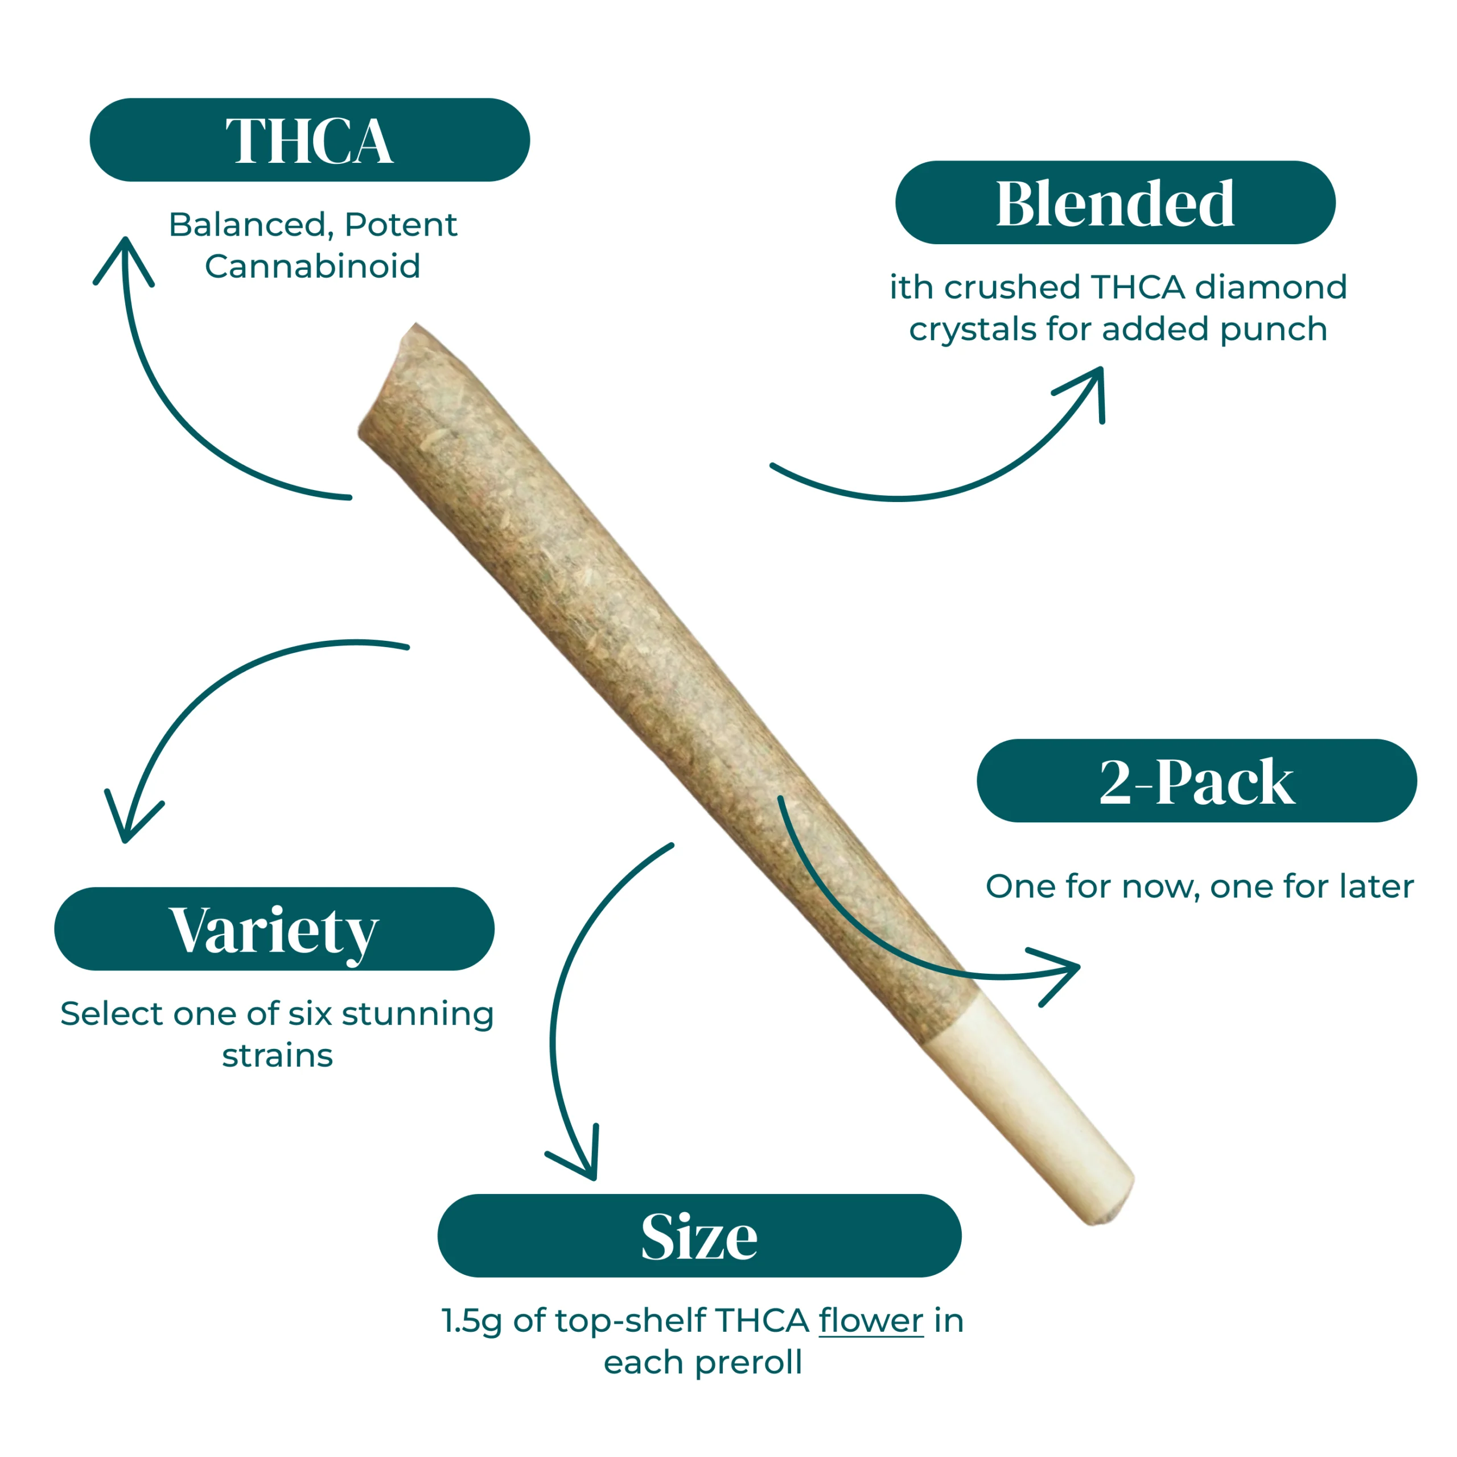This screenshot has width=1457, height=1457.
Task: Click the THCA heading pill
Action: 309,139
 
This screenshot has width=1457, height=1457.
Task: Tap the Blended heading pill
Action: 1116,202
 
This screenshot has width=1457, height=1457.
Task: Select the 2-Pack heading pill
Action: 1197,780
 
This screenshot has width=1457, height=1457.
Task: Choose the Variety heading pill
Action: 274,929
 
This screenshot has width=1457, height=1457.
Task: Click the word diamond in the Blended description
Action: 1271,287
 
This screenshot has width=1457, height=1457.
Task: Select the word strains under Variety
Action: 278,1056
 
